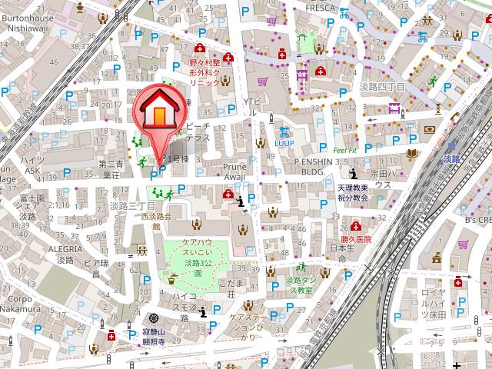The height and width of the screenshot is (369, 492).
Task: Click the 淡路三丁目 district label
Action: click(x=132, y=207)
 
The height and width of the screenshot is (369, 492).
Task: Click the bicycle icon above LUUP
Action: click(x=284, y=131)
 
